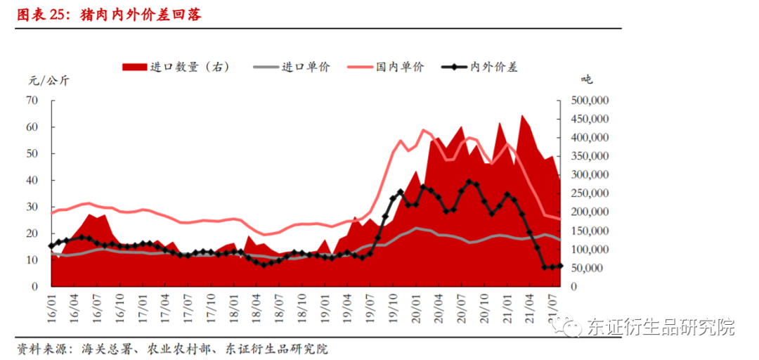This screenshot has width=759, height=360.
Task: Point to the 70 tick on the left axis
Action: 32,101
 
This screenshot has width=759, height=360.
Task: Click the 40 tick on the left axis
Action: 32,181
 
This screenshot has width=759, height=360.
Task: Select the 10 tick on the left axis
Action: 32,260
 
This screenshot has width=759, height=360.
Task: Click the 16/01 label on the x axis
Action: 51,307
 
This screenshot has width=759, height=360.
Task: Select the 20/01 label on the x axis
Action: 415,307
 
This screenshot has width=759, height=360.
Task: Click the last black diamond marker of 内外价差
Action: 559,266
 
